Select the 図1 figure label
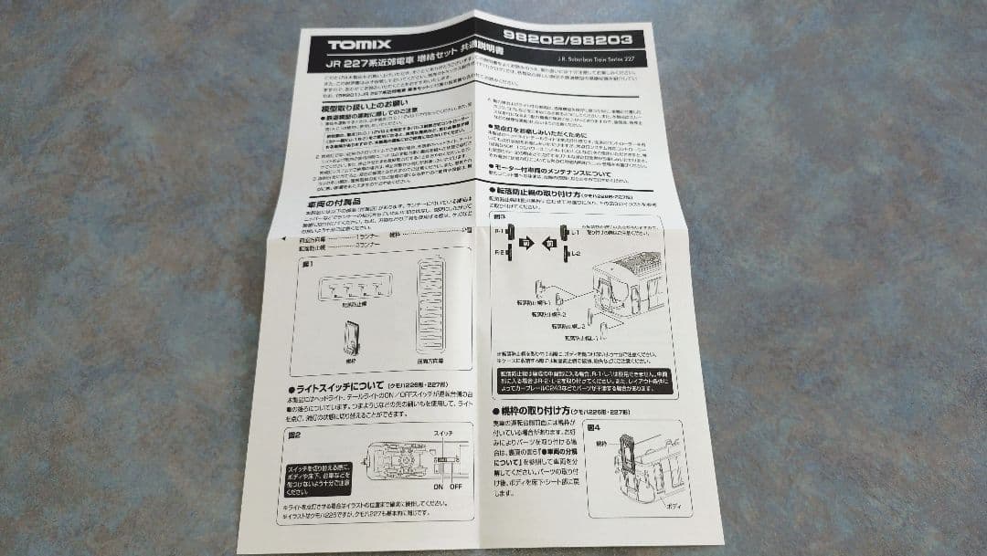[308, 264]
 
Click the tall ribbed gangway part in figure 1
[430, 307]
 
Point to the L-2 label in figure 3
[575, 253]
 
